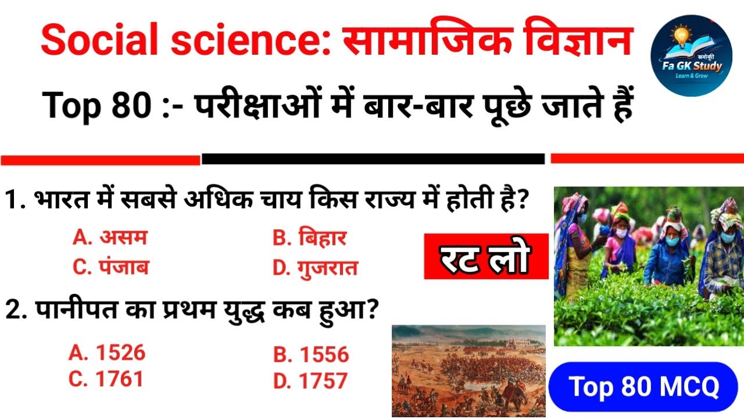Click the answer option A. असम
(x=110, y=238)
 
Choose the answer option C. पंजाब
(x=110, y=267)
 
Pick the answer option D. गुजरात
(x=315, y=268)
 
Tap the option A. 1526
(x=107, y=353)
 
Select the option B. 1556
(x=311, y=354)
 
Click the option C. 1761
(x=106, y=379)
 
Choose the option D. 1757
(x=310, y=381)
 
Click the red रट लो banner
(x=486, y=257)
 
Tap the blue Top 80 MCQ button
(x=643, y=387)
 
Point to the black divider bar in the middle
(x=373, y=159)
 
